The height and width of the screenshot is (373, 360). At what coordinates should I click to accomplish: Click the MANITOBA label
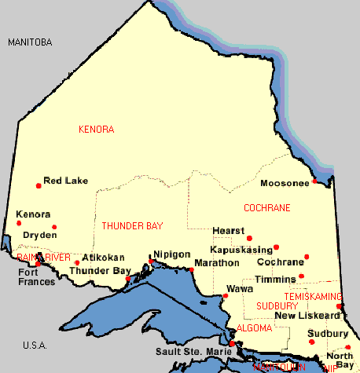(29, 42)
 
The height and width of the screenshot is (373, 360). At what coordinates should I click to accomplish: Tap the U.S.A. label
(35, 346)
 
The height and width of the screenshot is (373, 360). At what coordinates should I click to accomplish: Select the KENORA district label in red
(97, 129)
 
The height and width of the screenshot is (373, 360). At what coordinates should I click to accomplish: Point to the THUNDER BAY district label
(133, 226)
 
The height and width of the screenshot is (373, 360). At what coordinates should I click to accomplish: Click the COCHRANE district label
(267, 208)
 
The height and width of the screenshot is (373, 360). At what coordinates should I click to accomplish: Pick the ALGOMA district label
(254, 327)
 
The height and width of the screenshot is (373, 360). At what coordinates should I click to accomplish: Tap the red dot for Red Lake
(39, 186)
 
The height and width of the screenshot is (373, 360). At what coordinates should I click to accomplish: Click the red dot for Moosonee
(314, 181)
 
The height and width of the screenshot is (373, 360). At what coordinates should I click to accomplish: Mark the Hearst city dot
(249, 238)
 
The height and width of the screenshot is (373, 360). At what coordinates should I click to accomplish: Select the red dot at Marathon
(191, 270)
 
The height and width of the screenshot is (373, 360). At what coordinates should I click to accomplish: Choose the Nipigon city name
(172, 254)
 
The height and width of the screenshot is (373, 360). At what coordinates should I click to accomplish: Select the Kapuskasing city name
(241, 248)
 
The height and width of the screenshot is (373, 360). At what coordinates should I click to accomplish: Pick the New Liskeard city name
(307, 315)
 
